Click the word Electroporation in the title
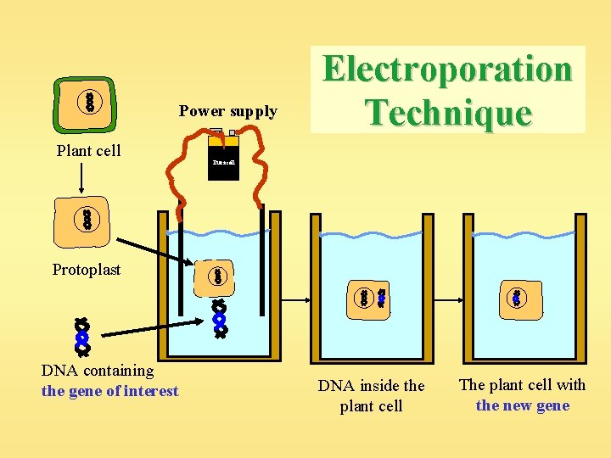click(x=448, y=70)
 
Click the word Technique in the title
click(x=448, y=112)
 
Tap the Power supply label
click(x=227, y=111)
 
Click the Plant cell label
click(x=88, y=151)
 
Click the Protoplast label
click(x=87, y=270)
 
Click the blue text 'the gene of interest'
click(x=110, y=391)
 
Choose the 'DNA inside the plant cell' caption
click(x=371, y=395)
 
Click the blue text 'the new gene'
click(x=523, y=405)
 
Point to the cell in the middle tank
click(x=373, y=298)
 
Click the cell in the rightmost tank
click(x=517, y=299)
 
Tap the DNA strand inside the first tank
click(x=220, y=320)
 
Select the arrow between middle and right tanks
click(x=448, y=299)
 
